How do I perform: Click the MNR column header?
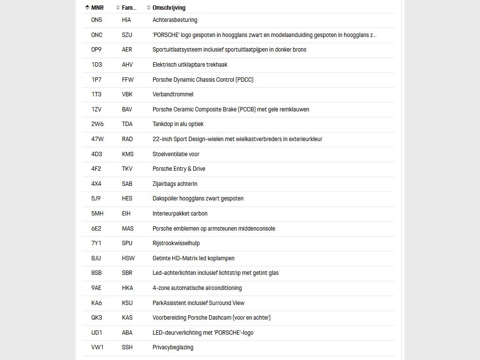[97, 8]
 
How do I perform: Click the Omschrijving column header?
[168, 8]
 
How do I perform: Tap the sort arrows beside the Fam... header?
[118, 8]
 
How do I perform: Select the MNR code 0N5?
[96, 20]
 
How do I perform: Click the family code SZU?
[127, 35]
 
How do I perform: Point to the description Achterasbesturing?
[175, 20]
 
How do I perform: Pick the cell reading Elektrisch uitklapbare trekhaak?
[190, 65]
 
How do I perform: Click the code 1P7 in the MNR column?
[96, 80]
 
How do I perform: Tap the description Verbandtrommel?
[173, 94]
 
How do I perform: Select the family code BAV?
[127, 109]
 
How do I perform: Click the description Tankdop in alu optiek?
[178, 124]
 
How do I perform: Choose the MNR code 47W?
[97, 139]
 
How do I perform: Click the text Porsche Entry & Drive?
[179, 169]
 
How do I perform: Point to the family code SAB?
[127, 184]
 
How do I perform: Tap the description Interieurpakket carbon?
[180, 214]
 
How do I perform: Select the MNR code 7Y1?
[96, 243]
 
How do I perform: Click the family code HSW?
[128, 258]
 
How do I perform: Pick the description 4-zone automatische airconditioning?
[197, 288]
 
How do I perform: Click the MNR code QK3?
[96, 318]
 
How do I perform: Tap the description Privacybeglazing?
[173, 347]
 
